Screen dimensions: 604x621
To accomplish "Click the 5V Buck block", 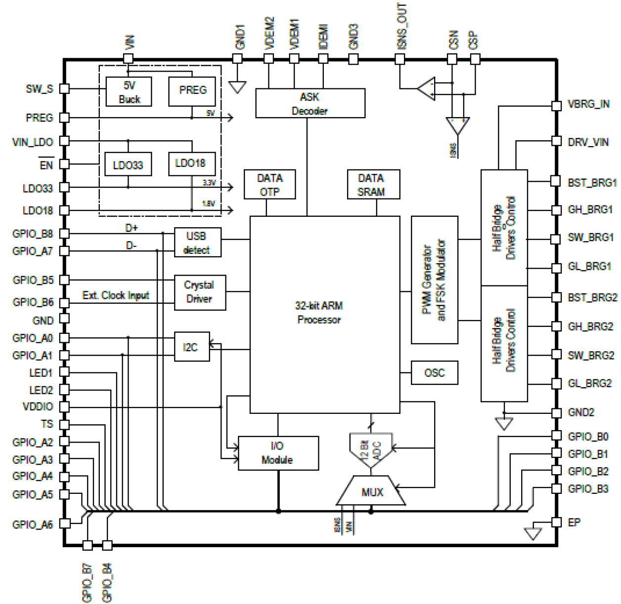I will click(129, 92).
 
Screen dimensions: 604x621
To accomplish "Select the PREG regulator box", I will click(192, 91).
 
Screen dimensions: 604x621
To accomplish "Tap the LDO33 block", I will click(128, 164).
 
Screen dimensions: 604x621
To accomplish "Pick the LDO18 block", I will click(191, 163).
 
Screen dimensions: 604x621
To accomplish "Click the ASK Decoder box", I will click(310, 103).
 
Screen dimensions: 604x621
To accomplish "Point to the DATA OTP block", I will click(269, 185).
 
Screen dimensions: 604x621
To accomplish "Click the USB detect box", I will click(197, 242).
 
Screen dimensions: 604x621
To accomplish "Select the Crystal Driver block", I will click(199, 292).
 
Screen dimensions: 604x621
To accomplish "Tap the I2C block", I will click(192, 347).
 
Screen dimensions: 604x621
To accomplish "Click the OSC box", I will click(434, 372).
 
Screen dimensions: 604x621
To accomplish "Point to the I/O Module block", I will click(278, 453).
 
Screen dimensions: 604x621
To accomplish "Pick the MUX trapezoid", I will click(371, 491).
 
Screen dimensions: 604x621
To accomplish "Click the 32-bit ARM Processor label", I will click(319, 313).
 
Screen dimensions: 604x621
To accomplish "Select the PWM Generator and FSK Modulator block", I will click(434, 280).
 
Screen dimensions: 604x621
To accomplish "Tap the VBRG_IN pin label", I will click(588, 104).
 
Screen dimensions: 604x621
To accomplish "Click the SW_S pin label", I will click(39, 89).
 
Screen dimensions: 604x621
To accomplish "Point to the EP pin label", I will click(574, 523).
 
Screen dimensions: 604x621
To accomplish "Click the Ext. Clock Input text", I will click(116, 295).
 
